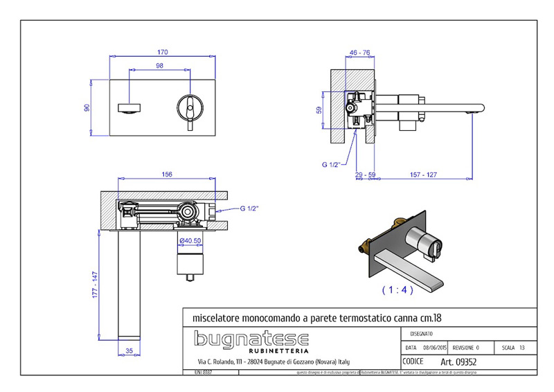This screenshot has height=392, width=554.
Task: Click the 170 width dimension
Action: click(162, 52)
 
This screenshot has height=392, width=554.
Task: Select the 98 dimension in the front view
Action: click(159, 66)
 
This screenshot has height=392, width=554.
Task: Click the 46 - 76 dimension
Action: click(359, 52)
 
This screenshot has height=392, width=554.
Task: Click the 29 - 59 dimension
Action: click(364, 176)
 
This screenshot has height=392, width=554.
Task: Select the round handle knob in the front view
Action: click(188, 105)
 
